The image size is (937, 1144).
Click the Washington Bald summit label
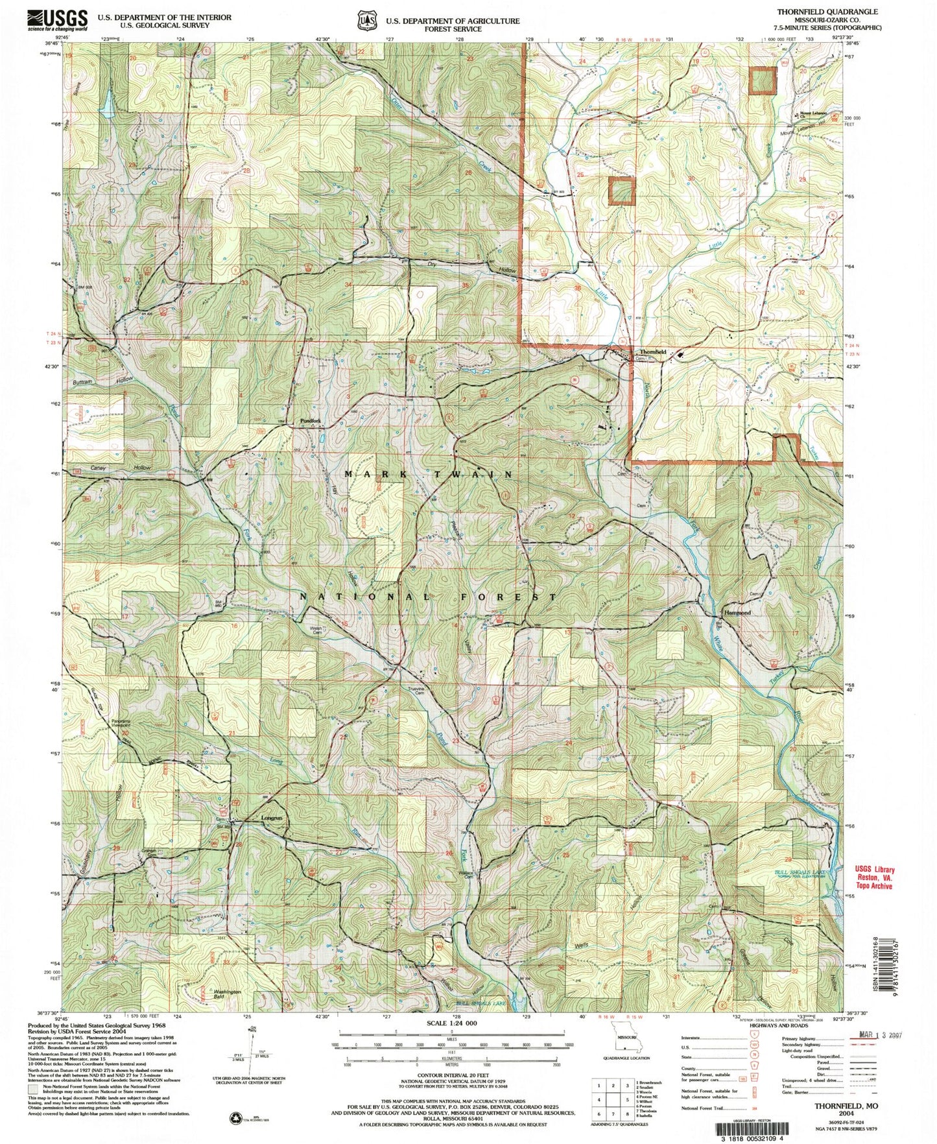pyautogui.click(x=227, y=992)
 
